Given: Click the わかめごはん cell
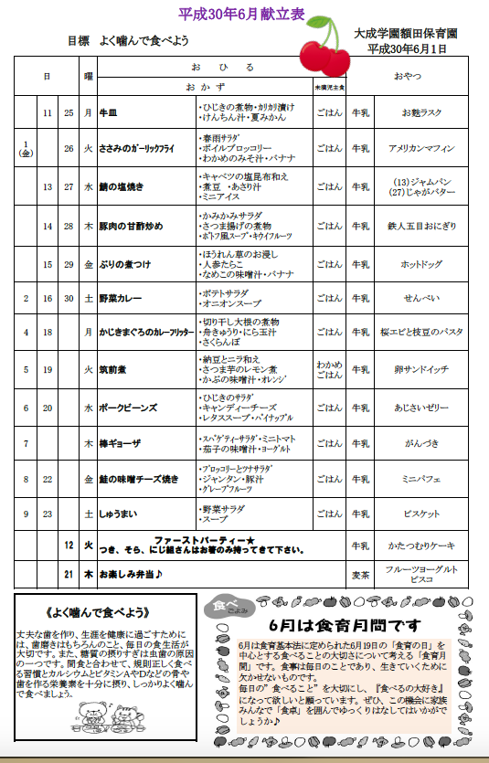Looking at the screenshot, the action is click(x=329, y=370).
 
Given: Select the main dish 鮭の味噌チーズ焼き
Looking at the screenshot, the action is click(x=139, y=478).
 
